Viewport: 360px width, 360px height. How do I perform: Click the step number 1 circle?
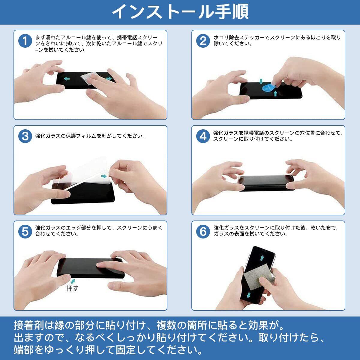(x=25, y=41)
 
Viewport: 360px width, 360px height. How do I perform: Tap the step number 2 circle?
(x=203, y=41)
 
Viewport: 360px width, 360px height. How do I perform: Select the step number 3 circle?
(x=25, y=136)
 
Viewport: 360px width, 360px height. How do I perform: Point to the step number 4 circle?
(x=203, y=136)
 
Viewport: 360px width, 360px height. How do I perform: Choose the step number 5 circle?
(x=25, y=232)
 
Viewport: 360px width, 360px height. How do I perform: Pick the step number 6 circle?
(x=203, y=232)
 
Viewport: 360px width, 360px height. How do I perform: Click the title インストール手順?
(x=180, y=12)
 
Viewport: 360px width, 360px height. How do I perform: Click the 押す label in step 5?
(x=72, y=288)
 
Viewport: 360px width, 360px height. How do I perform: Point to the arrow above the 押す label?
(x=73, y=281)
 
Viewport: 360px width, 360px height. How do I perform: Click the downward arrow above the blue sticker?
(x=261, y=82)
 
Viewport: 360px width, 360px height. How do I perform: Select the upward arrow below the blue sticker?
(x=275, y=94)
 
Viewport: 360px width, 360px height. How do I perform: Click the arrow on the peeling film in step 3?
(x=103, y=176)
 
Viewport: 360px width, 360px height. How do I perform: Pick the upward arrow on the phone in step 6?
(x=262, y=258)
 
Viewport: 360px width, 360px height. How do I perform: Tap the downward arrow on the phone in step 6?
(x=249, y=295)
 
